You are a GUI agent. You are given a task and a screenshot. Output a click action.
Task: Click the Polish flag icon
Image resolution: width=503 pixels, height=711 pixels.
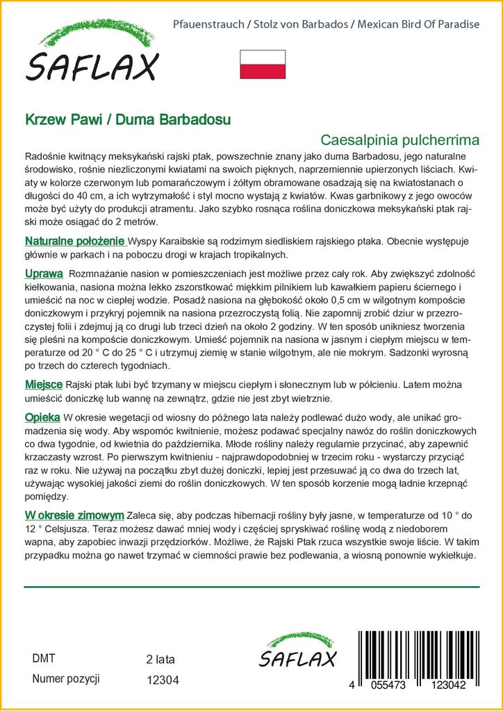click(x=262, y=64)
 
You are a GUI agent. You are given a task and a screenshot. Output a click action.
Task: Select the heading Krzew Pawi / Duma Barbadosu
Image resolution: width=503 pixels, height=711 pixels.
click(x=129, y=119)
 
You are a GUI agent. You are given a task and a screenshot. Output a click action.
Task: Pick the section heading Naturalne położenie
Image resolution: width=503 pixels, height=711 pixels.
click(x=74, y=241)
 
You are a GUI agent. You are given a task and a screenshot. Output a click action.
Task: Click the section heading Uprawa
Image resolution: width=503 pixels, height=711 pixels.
click(x=44, y=274)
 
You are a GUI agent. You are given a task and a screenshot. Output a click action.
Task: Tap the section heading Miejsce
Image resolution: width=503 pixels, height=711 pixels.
click(x=44, y=384)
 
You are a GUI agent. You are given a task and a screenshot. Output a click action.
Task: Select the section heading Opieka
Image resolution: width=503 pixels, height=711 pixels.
click(x=42, y=417)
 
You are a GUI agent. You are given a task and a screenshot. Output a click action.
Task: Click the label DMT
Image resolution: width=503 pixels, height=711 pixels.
click(x=44, y=658)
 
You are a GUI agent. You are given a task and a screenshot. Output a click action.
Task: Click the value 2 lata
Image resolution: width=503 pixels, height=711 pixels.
click(x=160, y=659)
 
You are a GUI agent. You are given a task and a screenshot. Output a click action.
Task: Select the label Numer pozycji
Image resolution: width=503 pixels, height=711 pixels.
click(x=66, y=678)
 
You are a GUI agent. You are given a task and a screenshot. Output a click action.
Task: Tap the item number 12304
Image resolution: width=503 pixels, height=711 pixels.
click(x=163, y=680)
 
